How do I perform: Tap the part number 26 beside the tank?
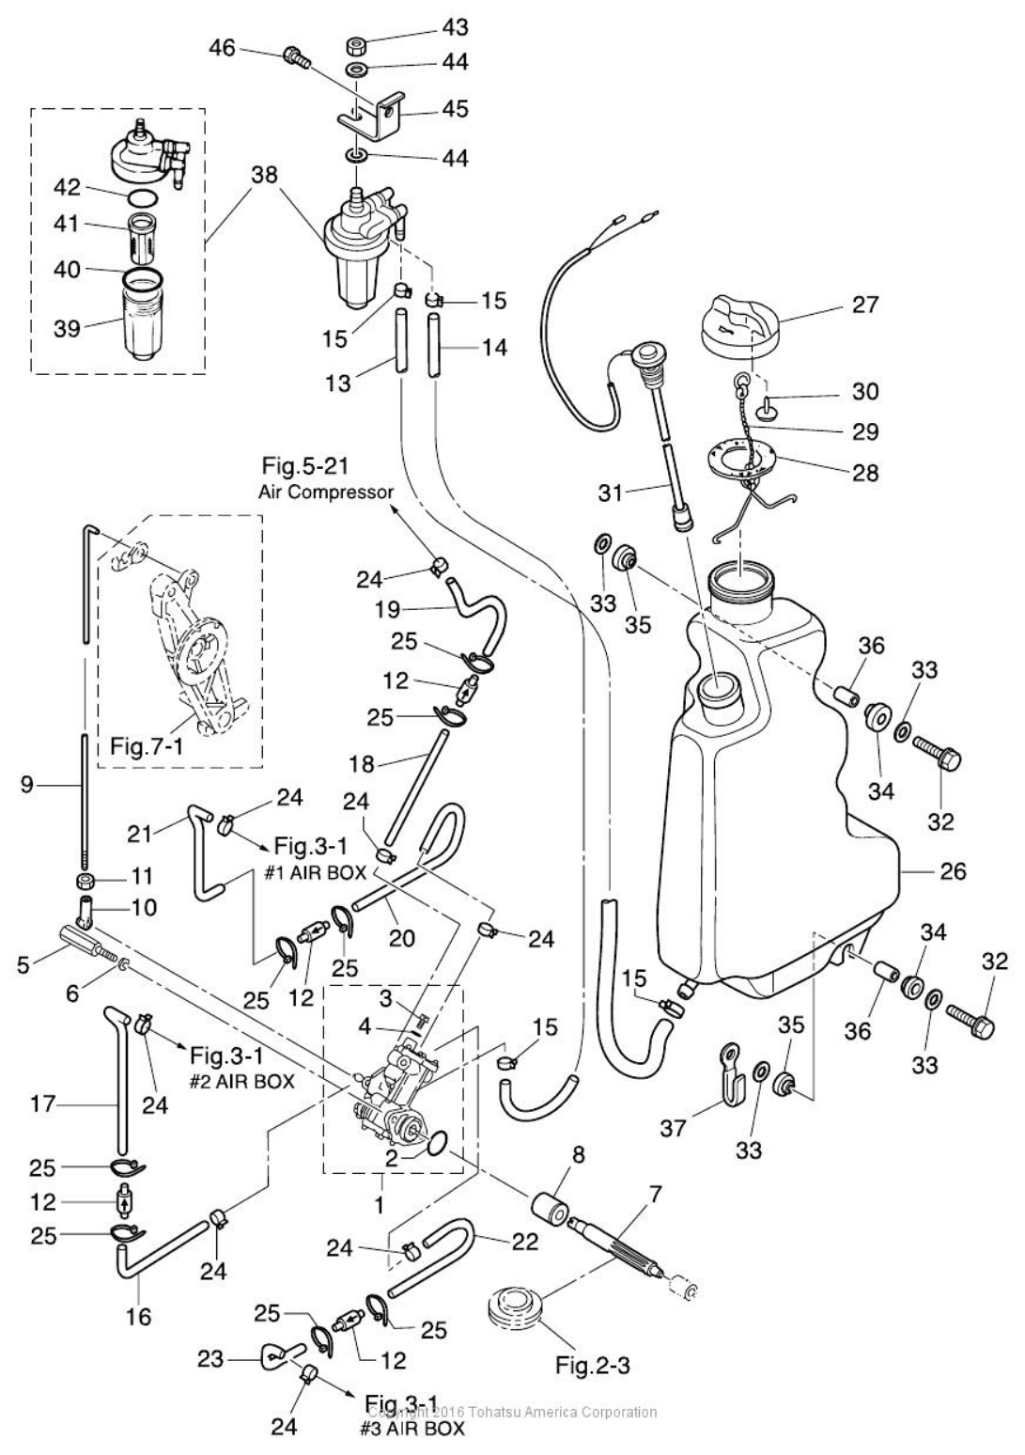tap(954, 872)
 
